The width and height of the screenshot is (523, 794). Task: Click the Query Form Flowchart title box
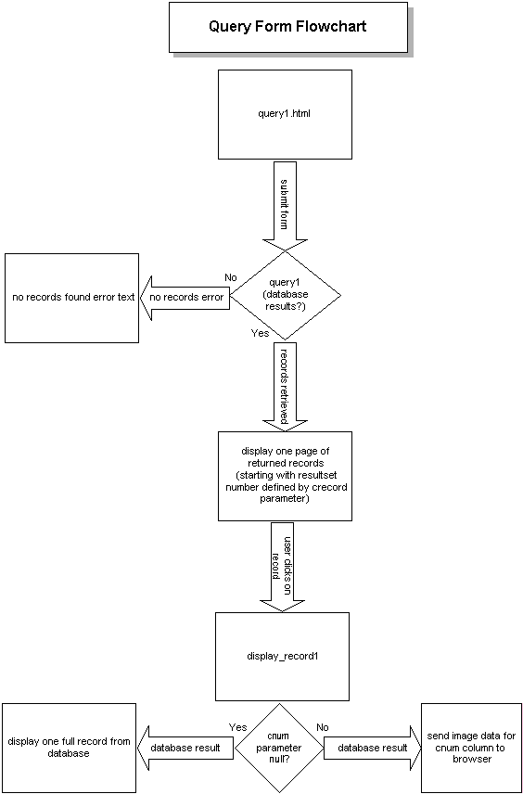click(287, 27)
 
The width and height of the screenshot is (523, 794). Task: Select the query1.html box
click(285, 115)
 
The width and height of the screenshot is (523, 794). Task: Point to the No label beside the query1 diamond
click(232, 276)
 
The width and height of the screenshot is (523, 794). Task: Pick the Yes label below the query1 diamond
click(261, 332)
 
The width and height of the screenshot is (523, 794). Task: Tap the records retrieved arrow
click(285, 386)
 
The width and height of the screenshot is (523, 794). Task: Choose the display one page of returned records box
click(285, 475)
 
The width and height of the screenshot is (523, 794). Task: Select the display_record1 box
click(282, 656)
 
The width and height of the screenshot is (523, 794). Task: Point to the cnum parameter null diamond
click(278, 748)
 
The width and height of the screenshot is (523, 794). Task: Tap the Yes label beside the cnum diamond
click(236, 727)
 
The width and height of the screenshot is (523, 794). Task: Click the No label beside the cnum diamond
click(323, 727)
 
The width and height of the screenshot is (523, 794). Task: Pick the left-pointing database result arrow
click(185, 748)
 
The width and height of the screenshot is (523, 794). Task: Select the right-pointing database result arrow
click(371, 748)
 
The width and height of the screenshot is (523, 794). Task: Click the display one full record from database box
click(68, 748)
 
